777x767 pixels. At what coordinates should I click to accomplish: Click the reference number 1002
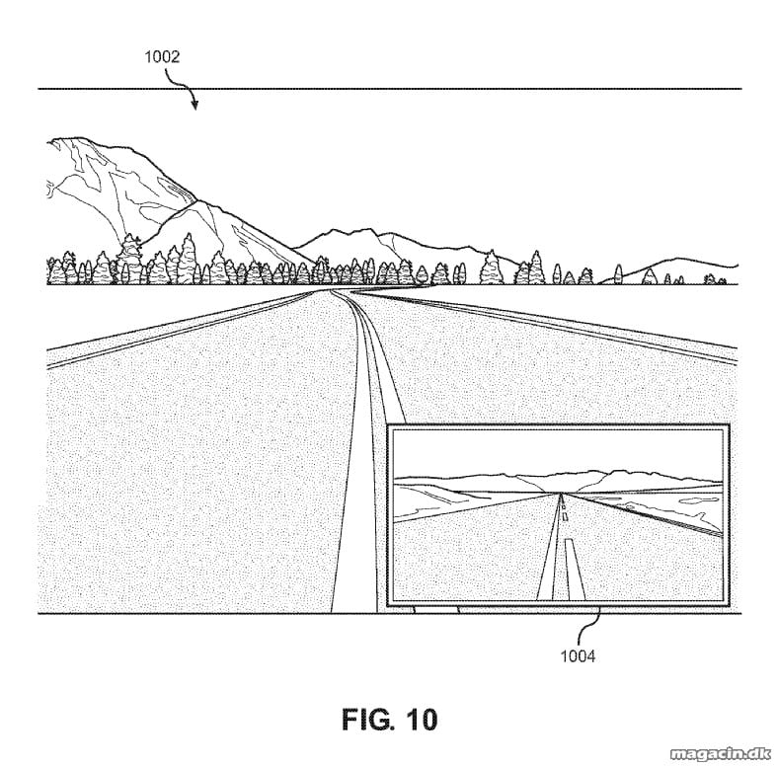click(162, 57)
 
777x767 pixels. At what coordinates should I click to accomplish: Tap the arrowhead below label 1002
click(194, 105)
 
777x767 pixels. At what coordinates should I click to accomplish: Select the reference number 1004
click(578, 656)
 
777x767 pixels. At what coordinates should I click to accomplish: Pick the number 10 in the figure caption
click(423, 720)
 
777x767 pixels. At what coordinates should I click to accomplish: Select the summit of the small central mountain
click(369, 230)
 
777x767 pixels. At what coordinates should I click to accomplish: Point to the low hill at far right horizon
click(679, 259)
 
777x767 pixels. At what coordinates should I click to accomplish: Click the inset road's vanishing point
click(561, 493)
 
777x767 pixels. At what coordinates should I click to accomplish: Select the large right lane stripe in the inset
click(575, 569)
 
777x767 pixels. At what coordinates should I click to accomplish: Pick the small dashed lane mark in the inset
click(565, 516)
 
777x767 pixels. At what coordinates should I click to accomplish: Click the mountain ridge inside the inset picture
click(558, 476)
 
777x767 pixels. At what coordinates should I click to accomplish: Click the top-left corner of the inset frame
click(387, 424)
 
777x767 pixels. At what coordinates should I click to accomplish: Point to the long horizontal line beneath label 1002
click(390, 89)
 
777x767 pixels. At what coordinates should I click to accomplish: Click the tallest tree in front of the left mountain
click(129, 258)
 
